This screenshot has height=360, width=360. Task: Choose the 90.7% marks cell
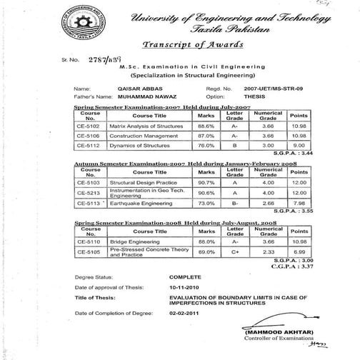click(207, 183)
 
